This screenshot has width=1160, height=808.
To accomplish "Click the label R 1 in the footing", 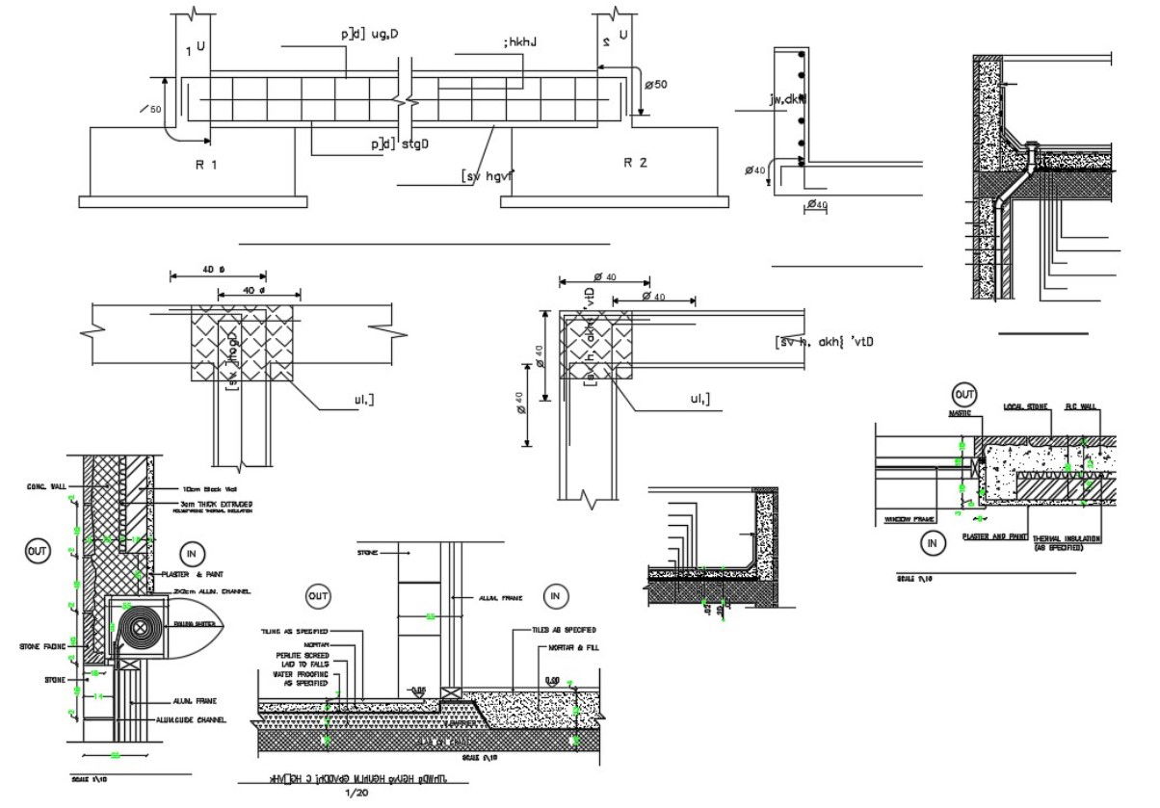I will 207,165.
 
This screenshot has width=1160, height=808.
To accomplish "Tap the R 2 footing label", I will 635,163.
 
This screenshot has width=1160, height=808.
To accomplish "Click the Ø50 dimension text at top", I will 654,85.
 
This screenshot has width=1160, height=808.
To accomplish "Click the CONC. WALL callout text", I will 44,486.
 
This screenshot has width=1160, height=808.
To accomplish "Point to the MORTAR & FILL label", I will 573,647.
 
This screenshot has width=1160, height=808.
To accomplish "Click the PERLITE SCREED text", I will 303,655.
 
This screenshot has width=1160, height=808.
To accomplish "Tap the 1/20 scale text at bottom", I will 356,793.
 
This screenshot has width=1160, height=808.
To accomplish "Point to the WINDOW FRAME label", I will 909,520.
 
